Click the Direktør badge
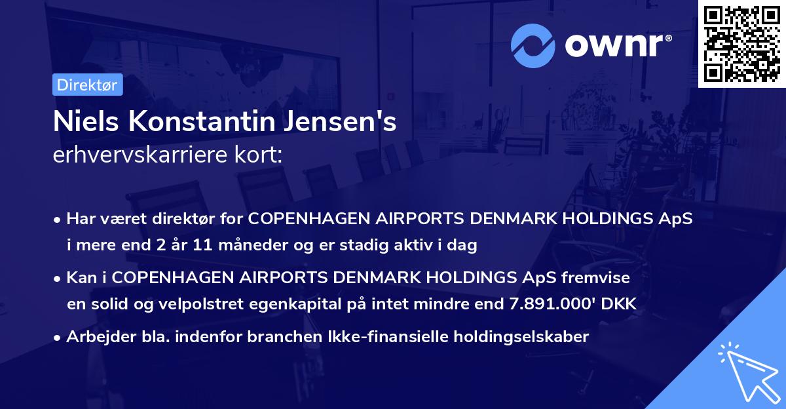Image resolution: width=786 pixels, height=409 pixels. pos(87,85)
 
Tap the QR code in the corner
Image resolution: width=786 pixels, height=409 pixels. pos(741,43)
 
